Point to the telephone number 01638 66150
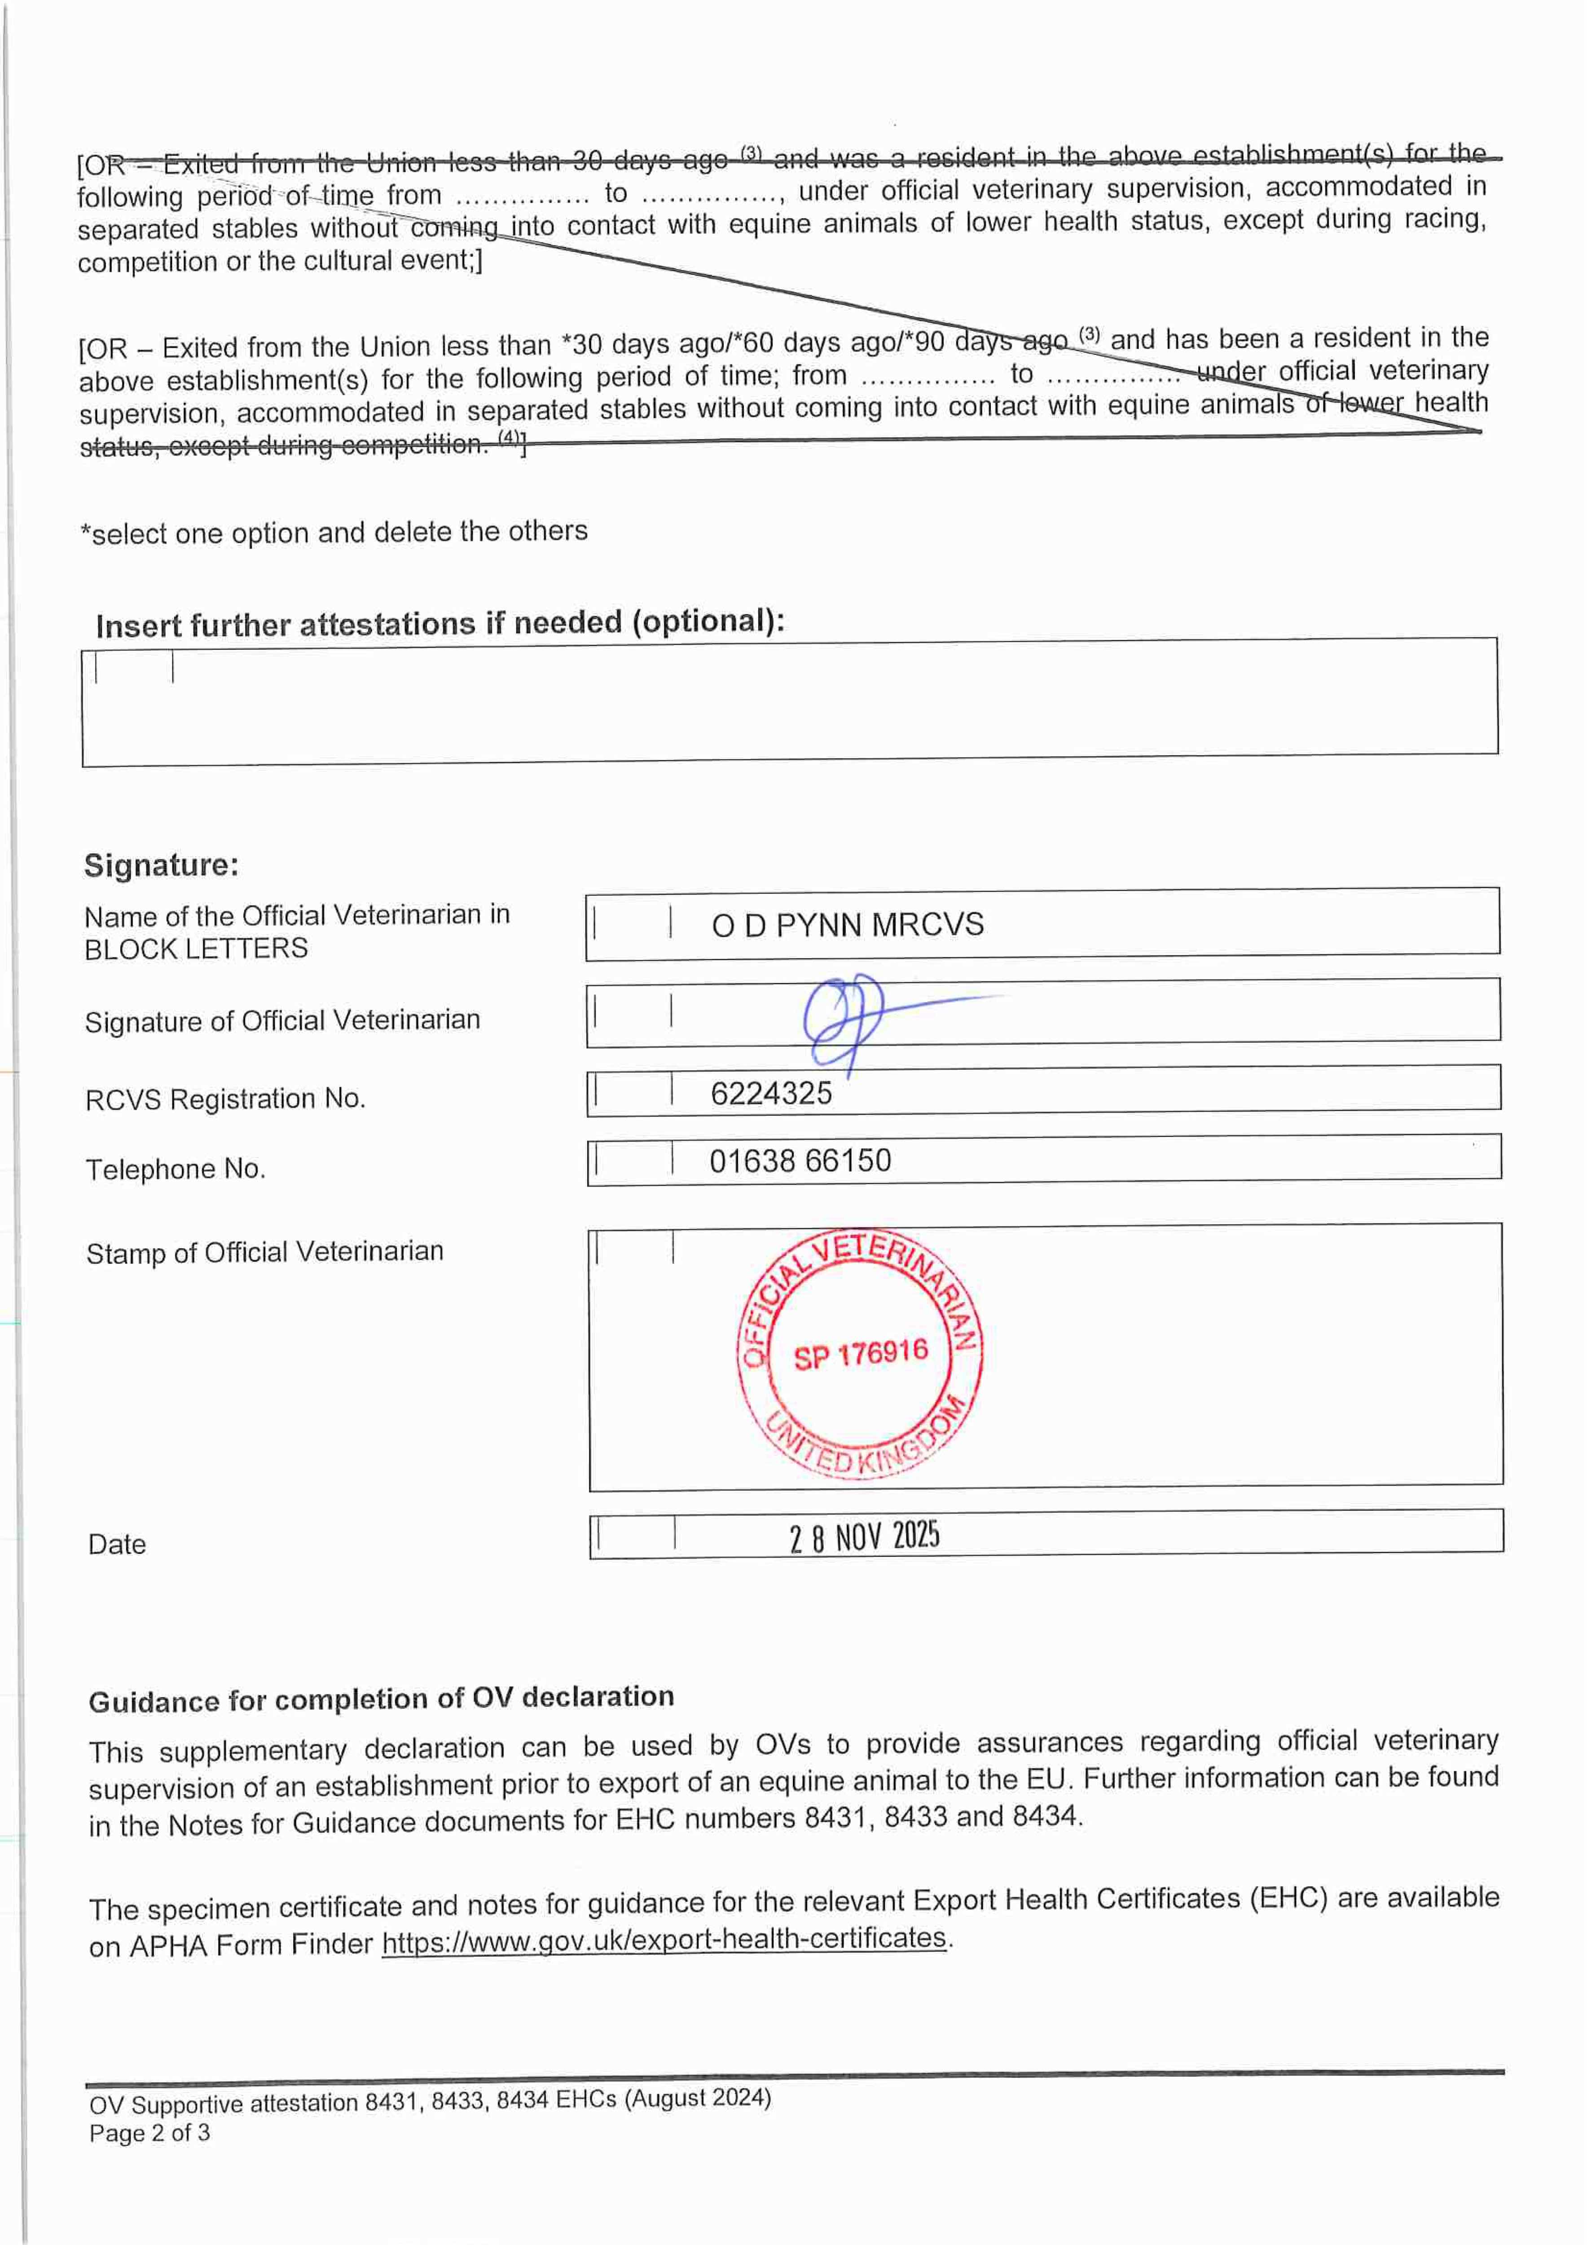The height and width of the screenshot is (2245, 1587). coord(800,1161)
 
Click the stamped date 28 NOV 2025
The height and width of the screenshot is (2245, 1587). coord(864,1536)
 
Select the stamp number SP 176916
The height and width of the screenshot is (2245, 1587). coord(861,1354)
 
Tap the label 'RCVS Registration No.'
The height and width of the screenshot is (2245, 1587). coord(225,1099)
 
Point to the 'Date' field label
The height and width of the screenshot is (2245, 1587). coord(117,1544)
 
